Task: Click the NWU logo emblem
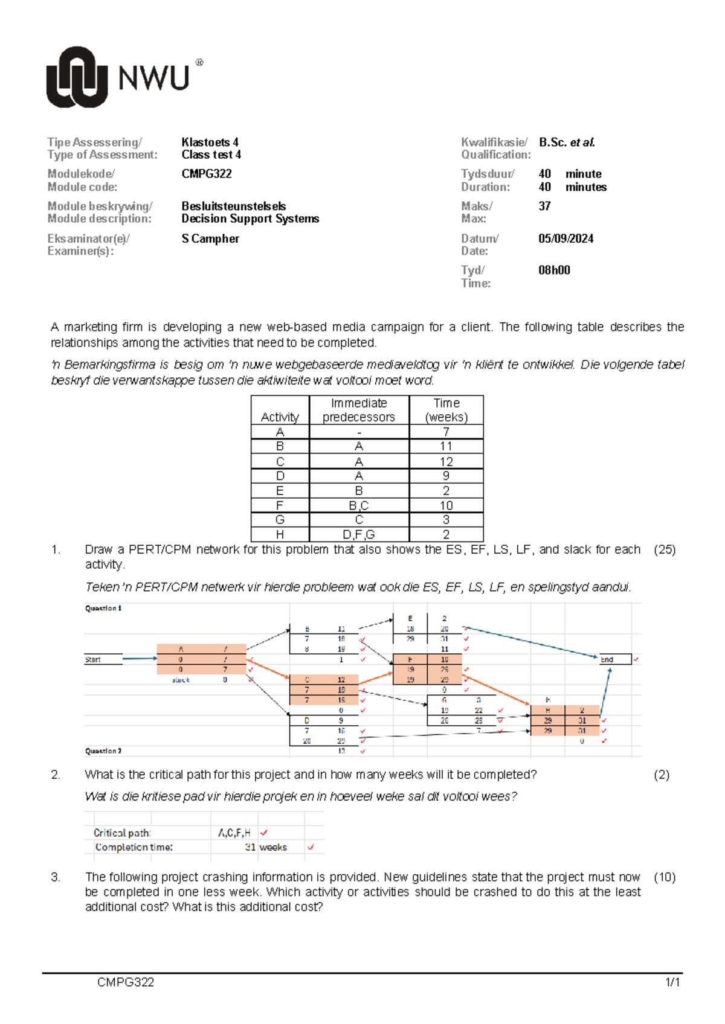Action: [x=77, y=77]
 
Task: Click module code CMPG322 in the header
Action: [x=207, y=174]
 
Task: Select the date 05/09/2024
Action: [x=565, y=238]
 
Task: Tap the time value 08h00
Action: [x=554, y=270]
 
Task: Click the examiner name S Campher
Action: [x=210, y=238]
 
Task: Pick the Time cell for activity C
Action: [x=446, y=461]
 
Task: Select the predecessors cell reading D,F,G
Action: [x=358, y=534]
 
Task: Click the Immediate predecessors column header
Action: [x=358, y=410]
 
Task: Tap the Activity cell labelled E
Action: [x=280, y=491]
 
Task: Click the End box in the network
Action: [x=614, y=659]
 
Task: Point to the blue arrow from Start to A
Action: [x=140, y=659]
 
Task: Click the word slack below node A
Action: [x=181, y=680]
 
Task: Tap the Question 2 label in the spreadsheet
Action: [x=103, y=751]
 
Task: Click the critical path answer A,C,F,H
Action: [x=234, y=833]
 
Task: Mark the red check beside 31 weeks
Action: [x=311, y=847]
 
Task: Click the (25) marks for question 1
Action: [x=664, y=549]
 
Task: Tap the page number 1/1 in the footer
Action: [x=672, y=982]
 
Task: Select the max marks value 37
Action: [x=544, y=206]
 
